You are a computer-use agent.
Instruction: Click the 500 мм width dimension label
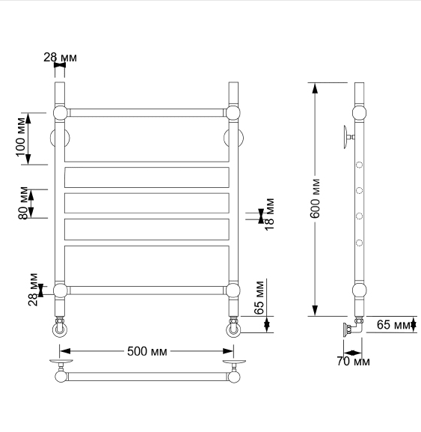coord(147,351)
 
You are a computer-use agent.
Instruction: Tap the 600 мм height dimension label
coord(316,198)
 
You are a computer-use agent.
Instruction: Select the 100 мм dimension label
coord(21,137)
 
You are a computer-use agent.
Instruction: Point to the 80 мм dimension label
coord(24,204)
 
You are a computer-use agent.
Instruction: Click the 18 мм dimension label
coord(269,214)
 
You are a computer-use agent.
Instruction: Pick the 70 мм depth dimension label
coord(353,361)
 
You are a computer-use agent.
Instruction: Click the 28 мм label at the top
coord(60,58)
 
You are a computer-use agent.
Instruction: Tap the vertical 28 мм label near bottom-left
coord(33,290)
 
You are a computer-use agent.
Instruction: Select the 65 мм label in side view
coord(393,325)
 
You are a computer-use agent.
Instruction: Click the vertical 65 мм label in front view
coord(259,298)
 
